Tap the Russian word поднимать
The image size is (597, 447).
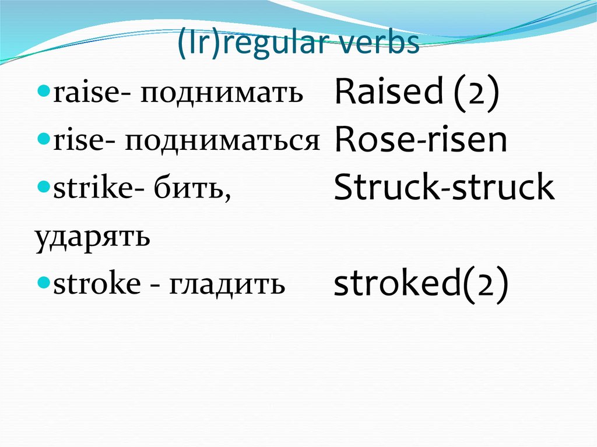click(x=222, y=93)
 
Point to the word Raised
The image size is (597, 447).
click(x=389, y=92)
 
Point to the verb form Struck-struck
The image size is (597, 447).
click(x=444, y=187)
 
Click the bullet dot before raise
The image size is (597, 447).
click(x=45, y=93)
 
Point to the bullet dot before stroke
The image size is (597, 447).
click(x=45, y=284)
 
